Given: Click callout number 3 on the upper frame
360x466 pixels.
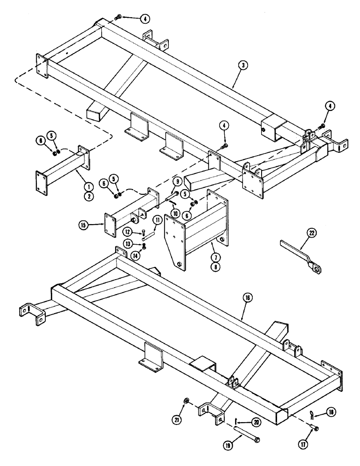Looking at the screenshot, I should point(244,66).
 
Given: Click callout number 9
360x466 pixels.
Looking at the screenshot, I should point(177,181).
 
